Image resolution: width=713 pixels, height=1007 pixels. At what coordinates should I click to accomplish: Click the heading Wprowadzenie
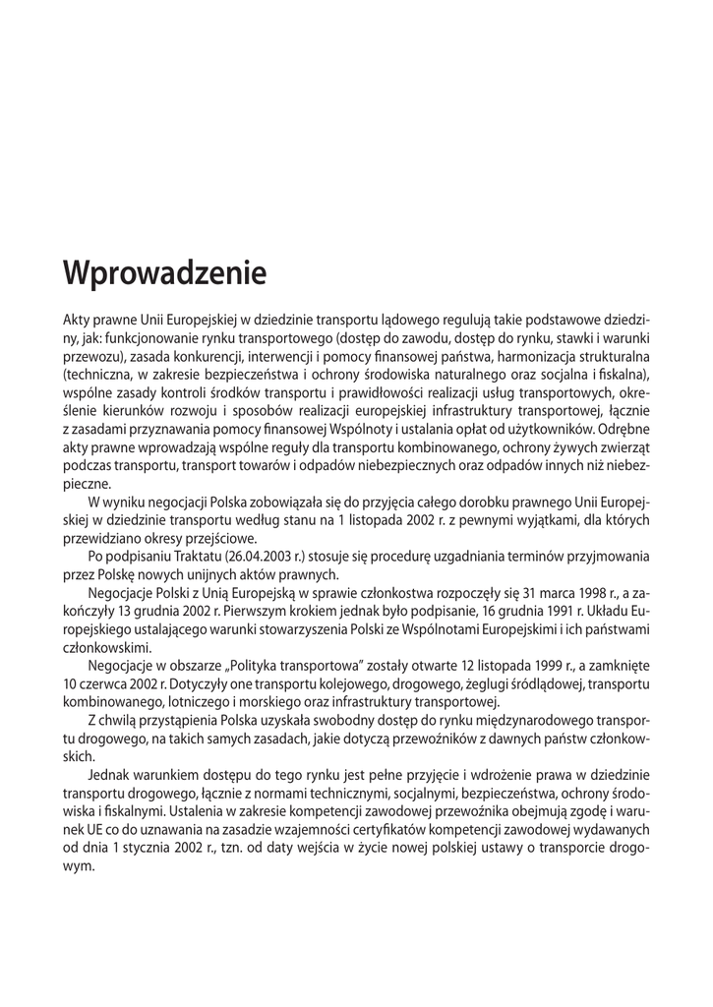[164, 272]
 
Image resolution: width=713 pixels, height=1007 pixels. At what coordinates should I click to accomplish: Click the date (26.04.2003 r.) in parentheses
[274, 557]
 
